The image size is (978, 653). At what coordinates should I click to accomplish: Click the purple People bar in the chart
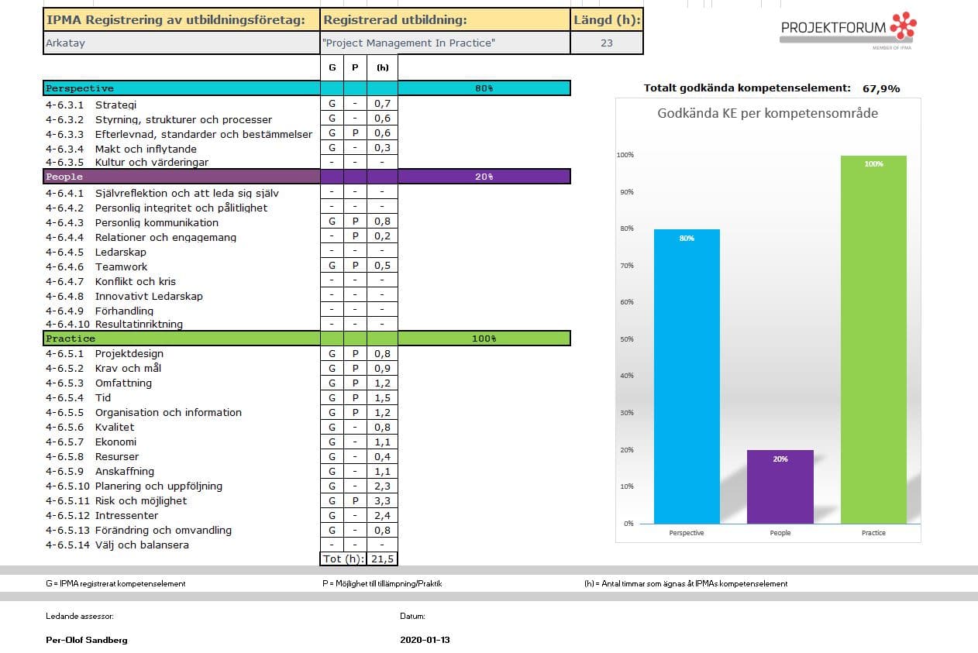(x=780, y=486)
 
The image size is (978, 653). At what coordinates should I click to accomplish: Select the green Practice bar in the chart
(x=873, y=339)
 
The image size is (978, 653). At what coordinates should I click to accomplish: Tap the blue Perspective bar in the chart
(x=687, y=376)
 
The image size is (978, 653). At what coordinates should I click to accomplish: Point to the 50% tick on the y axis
(x=627, y=339)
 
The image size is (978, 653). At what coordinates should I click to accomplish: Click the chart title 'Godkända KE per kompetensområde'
(x=767, y=114)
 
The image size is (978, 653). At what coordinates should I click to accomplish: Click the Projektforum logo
(x=849, y=30)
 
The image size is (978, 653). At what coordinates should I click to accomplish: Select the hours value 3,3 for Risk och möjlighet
(x=382, y=500)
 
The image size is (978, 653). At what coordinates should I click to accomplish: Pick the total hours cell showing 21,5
(x=382, y=558)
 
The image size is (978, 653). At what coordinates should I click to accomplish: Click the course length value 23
(x=607, y=43)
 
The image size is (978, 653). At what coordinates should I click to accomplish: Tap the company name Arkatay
(x=66, y=43)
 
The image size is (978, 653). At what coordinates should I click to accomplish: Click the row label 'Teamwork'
(x=121, y=266)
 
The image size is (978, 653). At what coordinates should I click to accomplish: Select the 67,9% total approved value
(x=881, y=88)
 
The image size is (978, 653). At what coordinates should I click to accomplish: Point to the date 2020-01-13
(x=425, y=640)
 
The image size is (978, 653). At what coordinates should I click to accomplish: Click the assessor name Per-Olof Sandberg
(x=87, y=640)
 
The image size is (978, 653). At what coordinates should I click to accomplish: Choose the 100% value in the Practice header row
(x=484, y=339)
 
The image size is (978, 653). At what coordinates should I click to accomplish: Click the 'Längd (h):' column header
(x=607, y=20)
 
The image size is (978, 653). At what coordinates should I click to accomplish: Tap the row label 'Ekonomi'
(x=115, y=442)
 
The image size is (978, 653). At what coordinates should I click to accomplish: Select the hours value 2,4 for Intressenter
(x=382, y=515)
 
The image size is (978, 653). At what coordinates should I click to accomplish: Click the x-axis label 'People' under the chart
(x=780, y=533)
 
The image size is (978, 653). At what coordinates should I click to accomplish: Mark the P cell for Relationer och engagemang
(x=355, y=236)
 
